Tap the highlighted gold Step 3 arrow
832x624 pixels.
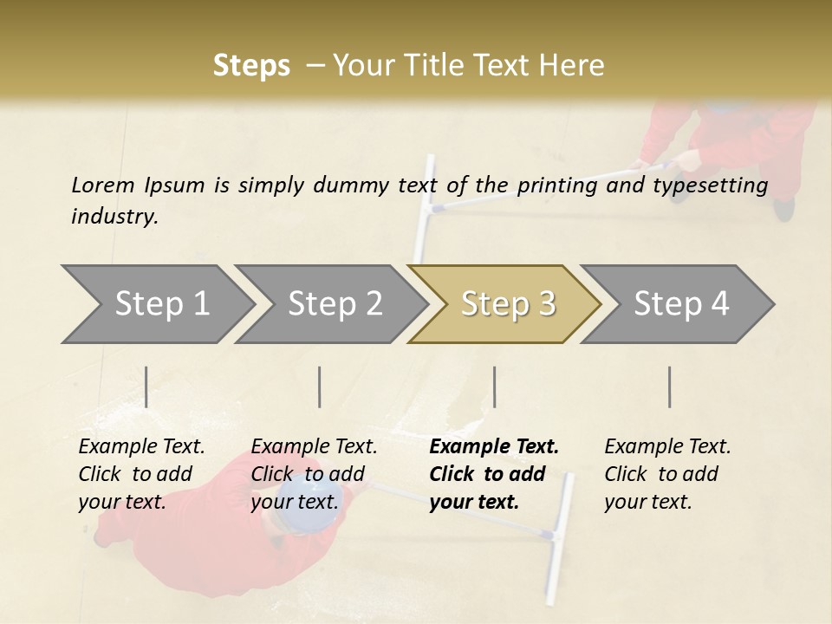(x=507, y=304)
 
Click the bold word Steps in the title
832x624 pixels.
(x=251, y=66)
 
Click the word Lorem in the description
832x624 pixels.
(x=103, y=185)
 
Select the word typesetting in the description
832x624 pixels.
(x=714, y=185)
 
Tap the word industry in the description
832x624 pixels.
(x=114, y=216)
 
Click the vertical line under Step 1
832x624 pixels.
(x=146, y=387)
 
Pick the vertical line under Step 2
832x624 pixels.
(x=320, y=387)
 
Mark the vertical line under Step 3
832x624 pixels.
(x=494, y=387)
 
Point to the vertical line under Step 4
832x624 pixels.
(x=670, y=387)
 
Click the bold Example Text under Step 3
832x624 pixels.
(x=494, y=446)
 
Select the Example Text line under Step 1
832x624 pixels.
(x=141, y=446)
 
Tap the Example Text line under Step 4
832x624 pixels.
(x=667, y=446)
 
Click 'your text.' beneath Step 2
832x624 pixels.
(x=295, y=502)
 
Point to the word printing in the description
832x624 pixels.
(x=555, y=185)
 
